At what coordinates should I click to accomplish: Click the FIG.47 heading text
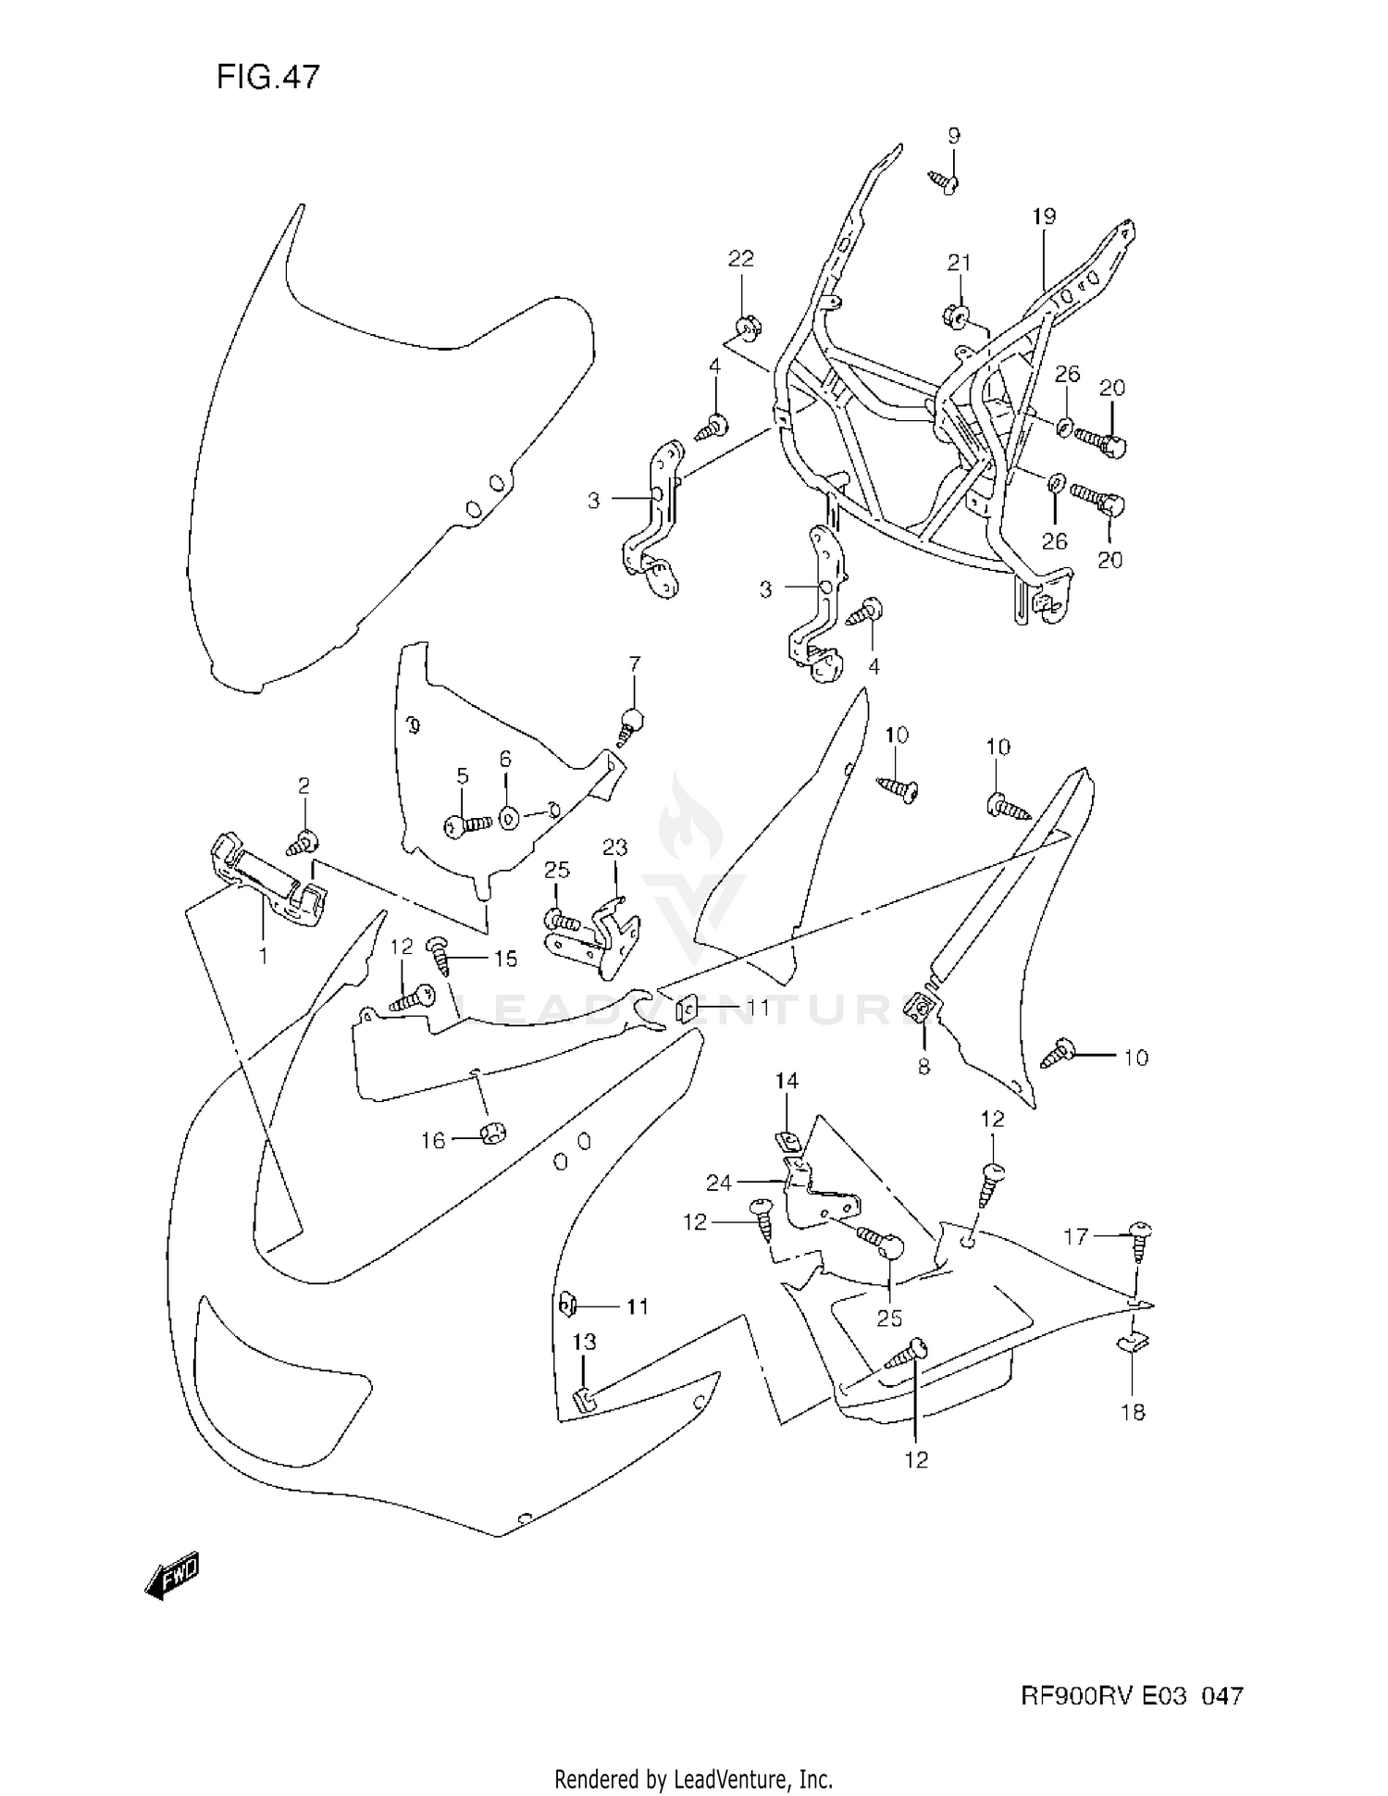267,77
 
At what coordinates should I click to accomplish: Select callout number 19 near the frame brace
1044,217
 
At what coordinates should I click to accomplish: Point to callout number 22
741,258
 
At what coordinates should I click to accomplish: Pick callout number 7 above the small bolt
634,663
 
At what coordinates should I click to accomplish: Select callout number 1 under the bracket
263,956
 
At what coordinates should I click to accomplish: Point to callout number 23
614,847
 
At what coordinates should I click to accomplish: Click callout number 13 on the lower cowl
584,1341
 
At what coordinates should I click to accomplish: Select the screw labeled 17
1139,1235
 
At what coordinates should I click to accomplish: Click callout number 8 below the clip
923,1067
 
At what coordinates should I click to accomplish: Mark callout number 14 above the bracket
787,1080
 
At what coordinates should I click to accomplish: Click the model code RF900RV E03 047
1131,1696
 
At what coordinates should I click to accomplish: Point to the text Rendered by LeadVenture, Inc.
693,1778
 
